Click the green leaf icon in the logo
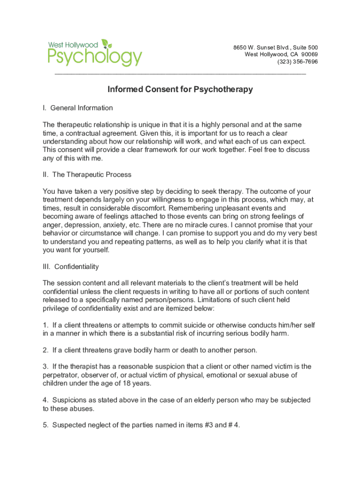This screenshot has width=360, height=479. coord(107,44)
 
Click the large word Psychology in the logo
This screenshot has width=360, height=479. coord(94,58)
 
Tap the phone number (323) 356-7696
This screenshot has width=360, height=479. coord(297,62)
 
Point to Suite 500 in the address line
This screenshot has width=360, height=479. coord(305,48)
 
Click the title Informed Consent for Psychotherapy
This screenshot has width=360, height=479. coord(180,89)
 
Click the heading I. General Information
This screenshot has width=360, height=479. coord(78,108)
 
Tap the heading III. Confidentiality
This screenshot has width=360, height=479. coord(71,267)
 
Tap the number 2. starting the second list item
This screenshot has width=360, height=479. coord(46,350)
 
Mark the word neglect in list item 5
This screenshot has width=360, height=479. coord(101,425)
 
